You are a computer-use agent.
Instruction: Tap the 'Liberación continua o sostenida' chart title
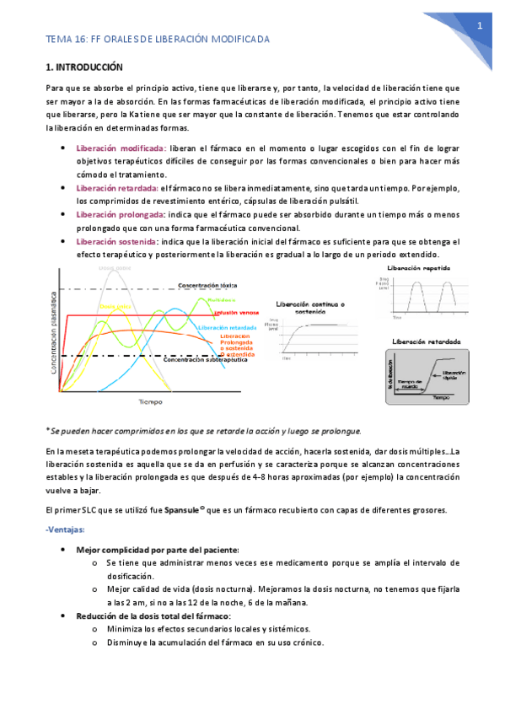click(x=314, y=307)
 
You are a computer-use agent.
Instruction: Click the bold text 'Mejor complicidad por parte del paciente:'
click(x=158, y=549)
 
